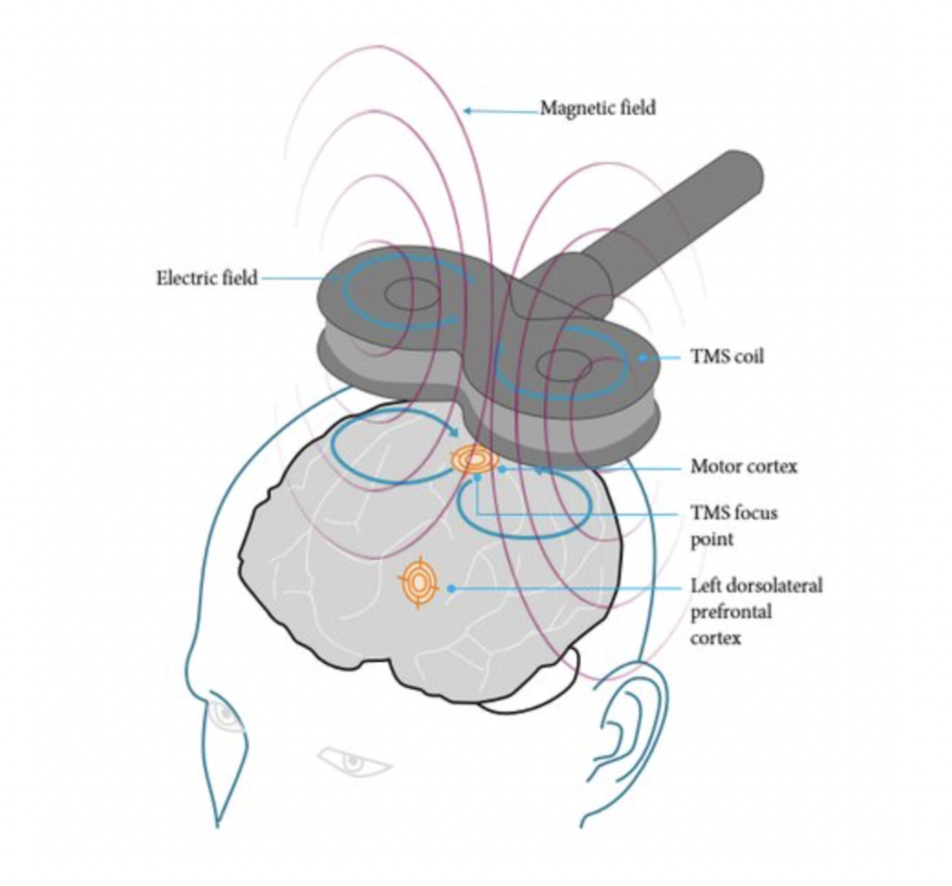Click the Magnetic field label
point(598,108)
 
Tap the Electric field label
point(207,278)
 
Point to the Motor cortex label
point(743,468)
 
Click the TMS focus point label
point(735,525)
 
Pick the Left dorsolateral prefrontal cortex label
point(756,610)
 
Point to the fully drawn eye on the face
point(353,762)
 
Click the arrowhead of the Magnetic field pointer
point(467,111)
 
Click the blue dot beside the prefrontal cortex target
point(450,587)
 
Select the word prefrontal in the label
point(731,611)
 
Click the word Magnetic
point(573,108)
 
